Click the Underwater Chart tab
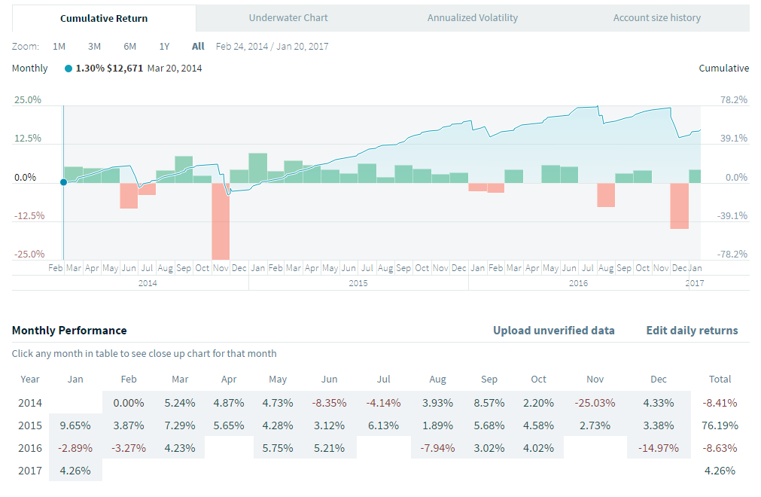click(288, 17)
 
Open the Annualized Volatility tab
click(473, 17)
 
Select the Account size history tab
click(656, 17)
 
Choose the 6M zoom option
click(129, 46)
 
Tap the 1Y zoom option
click(164, 46)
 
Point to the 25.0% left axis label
click(27, 99)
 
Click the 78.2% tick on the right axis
click(733, 99)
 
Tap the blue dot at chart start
click(63, 182)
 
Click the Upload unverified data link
click(553, 330)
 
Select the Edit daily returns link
click(692, 330)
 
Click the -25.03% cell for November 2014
click(595, 402)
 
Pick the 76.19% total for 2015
click(720, 425)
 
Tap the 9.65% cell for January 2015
click(75, 425)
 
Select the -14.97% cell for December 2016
click(659, 447)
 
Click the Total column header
click(720, 379)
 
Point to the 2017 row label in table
click(29, 471)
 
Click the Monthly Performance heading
click(69, 330)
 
